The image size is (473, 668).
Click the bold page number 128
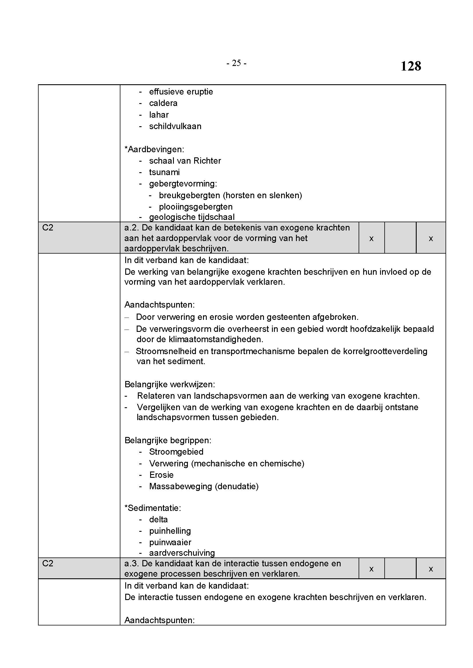pyautogui.click(x=411, y=66)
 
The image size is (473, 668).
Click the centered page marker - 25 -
pyautogui.click(x=236, y=63)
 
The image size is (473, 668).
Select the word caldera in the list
pyautogui.click(x=163, y=103)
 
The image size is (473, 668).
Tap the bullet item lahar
pyautogui.click(x=159, y=115)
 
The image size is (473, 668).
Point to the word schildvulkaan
pyautogui.click(x=175, y=126)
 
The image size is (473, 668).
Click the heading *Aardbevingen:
pyautogui.click(x=154, y=150)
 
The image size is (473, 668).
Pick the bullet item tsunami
pyautogui.click(x=164, y=172)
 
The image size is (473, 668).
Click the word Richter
pyautogui.click(x=207, y=161)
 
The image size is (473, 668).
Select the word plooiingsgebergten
pyautogui.click(x=196, y=207)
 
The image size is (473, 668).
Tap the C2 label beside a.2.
pyautogui.click(x=48, y=228)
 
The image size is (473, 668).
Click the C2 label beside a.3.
pyautogui.click(x=48, y=563)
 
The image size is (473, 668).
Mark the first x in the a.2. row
pyautogui.click(x=371, y=239)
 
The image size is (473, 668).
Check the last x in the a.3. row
pyautogui.click(x=431, y=569)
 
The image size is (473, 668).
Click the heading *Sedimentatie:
pyautogui.click(x=153, y=508)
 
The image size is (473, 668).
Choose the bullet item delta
pyautogui.click(x=158, y=519)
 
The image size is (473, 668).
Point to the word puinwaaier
pyautogui.click(x=170, y=542)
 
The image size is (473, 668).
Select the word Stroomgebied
pyautogui.click(x=176, y=452)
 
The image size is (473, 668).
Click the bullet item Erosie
pyautogui.click(x=161, y=475)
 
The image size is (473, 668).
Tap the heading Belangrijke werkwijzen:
pyautogui.click(x=170, y=384)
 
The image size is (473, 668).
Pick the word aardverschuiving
pyautogui.click(x=182, y=553)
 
